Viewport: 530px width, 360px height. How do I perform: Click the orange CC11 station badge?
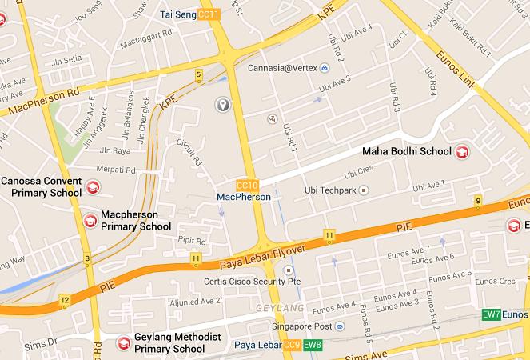209,14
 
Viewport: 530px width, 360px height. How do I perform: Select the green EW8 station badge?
313,346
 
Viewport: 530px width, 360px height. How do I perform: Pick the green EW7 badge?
492,314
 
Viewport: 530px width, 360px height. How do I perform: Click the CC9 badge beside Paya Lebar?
292,346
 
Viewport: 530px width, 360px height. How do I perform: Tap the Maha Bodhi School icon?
462,151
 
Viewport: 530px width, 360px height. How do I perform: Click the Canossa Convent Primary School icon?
93,187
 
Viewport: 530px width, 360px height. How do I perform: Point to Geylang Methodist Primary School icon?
124,342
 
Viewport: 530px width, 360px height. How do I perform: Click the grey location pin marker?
224,104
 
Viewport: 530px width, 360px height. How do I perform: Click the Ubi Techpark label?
330,190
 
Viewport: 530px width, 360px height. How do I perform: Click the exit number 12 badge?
65,300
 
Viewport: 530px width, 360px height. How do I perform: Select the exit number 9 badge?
478,201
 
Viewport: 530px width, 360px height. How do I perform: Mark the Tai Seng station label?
178,14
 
